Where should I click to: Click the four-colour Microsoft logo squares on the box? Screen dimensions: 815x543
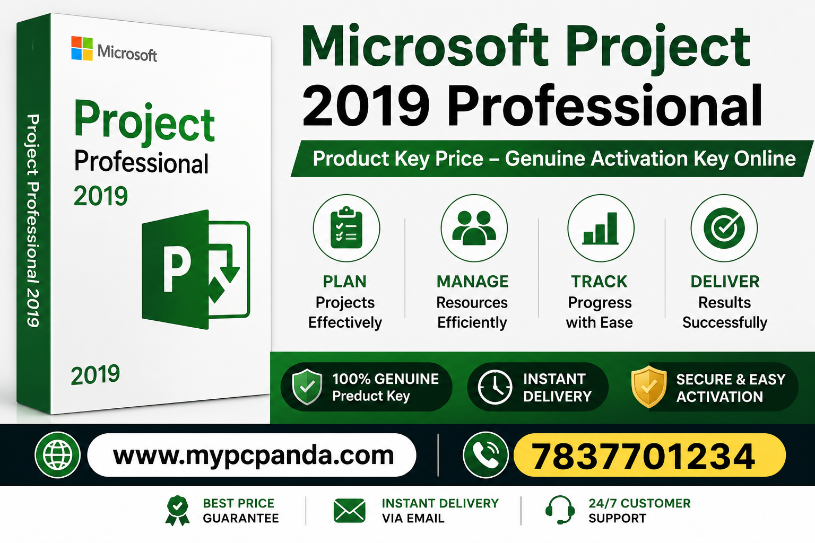(82, 48)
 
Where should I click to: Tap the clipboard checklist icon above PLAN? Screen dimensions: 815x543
(346, 227)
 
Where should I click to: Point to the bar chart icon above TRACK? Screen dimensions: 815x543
(600, 228)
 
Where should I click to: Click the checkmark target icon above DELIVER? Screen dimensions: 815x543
(724, 227)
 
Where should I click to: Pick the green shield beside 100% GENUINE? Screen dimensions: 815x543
(307, 386)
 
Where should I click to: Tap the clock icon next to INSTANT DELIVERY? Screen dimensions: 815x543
(495, 387)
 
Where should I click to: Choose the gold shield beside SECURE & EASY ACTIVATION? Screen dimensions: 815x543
(649, 387)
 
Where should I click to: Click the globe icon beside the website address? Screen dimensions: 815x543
(57, 455)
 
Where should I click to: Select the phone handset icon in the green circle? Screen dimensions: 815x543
(485, 455)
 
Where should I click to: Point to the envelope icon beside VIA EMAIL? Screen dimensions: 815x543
(349, 511)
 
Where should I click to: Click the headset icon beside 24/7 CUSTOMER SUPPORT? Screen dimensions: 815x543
(560, 510)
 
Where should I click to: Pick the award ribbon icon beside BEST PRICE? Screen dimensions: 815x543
(177, 511)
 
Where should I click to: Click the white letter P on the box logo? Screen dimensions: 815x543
(177, 268)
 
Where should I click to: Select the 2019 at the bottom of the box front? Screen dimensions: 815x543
(96, 374)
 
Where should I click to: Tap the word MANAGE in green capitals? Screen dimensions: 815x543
(473, 282)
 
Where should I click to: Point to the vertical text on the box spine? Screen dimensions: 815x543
(33, 221)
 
